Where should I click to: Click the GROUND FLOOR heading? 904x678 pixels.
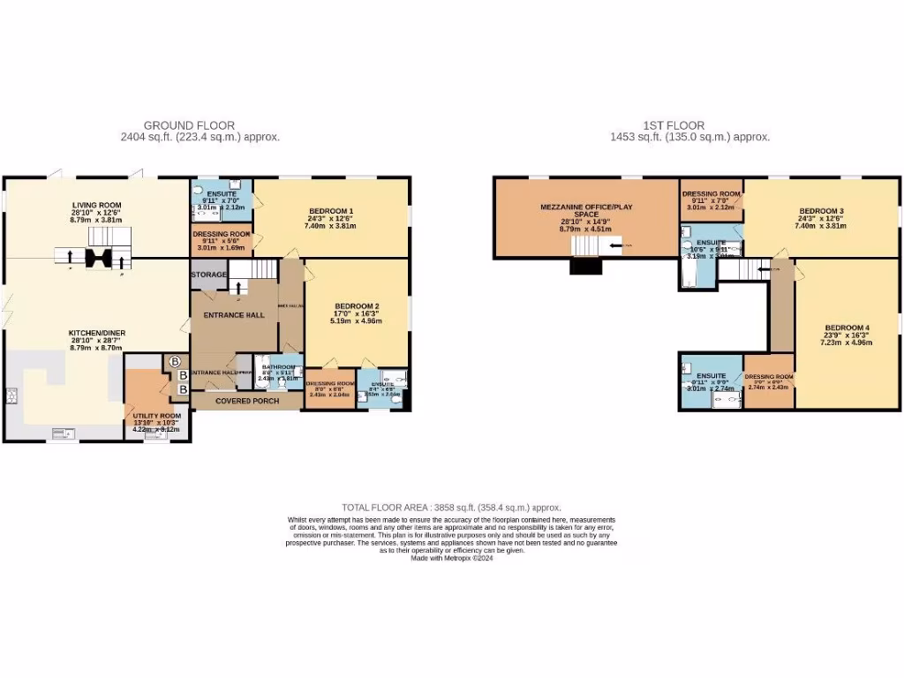tap(189, 126)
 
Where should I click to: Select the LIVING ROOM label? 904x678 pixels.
tap(97, 205)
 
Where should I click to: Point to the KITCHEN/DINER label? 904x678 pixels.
tap(97, 333)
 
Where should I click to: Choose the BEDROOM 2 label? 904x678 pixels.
tap(356, 306)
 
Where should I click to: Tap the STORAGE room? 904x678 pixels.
tap(208, 275)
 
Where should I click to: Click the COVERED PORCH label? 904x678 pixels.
tap(247, 401)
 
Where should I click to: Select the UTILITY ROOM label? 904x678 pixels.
tap(156, 416)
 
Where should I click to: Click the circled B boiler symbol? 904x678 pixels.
tap(174, 361)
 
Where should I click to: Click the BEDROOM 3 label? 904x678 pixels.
tap(822, 211)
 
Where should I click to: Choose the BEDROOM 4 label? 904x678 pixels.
tap(847, 328)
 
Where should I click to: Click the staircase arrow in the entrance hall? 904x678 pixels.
tap(237, 288)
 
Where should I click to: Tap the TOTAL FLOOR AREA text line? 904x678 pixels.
tap(452, 508)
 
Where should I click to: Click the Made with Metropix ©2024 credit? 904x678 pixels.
tap(452, 558)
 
